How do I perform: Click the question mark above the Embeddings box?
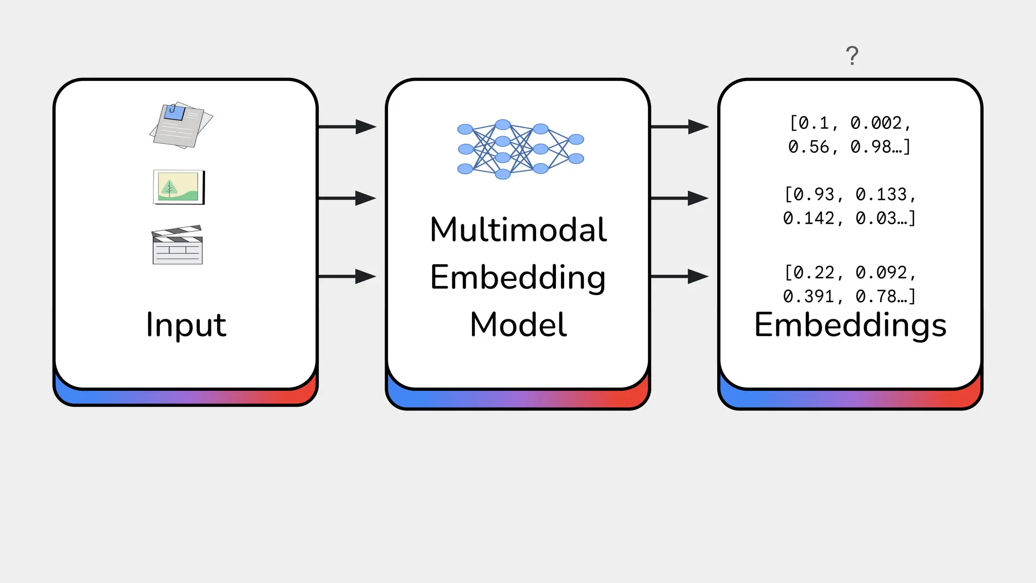coord(852,56)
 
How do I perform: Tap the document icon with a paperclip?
coord(181,125)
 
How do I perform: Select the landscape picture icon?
coord(179,187)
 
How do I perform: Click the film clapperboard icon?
coord(178,245)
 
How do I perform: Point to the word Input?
coord(186,324)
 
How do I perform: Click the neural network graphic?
coord(520,149)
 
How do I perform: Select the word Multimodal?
coord(518,230)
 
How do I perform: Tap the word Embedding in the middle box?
coord(518,277)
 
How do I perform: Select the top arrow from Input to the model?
coord(347,127)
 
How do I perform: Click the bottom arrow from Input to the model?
coord(347,276)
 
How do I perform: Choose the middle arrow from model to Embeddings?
coord(679,198)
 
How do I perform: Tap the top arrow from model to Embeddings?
coord(679,127)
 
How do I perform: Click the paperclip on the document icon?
coord(173,109)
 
